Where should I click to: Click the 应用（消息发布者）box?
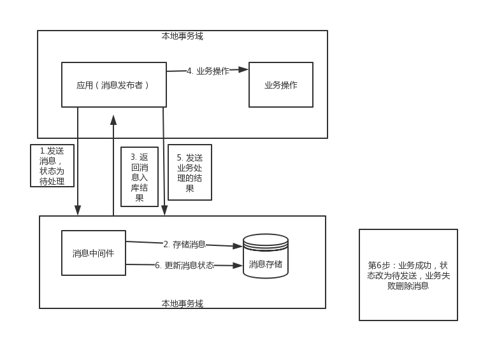click(113, 85)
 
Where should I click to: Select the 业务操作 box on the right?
click(280, 85)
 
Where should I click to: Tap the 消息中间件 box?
click(93, 253)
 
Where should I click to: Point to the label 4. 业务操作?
click(208, 71)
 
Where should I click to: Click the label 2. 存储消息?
click(184, 244)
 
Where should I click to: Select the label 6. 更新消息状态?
click(184, 265)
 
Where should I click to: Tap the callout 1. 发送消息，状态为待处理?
click(52, 166)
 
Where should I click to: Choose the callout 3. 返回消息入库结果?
click(140, 176)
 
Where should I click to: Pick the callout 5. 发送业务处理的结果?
click(190, 172)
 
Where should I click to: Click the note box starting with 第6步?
click(408, 275)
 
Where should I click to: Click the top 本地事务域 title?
click(182, 36)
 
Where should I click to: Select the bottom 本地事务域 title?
click(182, 303)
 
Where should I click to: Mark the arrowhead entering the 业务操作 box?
click(243, 69)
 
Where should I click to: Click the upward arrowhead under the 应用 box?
click(113, 120)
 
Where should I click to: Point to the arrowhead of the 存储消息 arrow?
click(238, 246)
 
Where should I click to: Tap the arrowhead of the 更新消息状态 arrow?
click(238, 266)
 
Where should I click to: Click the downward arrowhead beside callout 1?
click(78, 210)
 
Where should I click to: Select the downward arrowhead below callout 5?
click(164, 210)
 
